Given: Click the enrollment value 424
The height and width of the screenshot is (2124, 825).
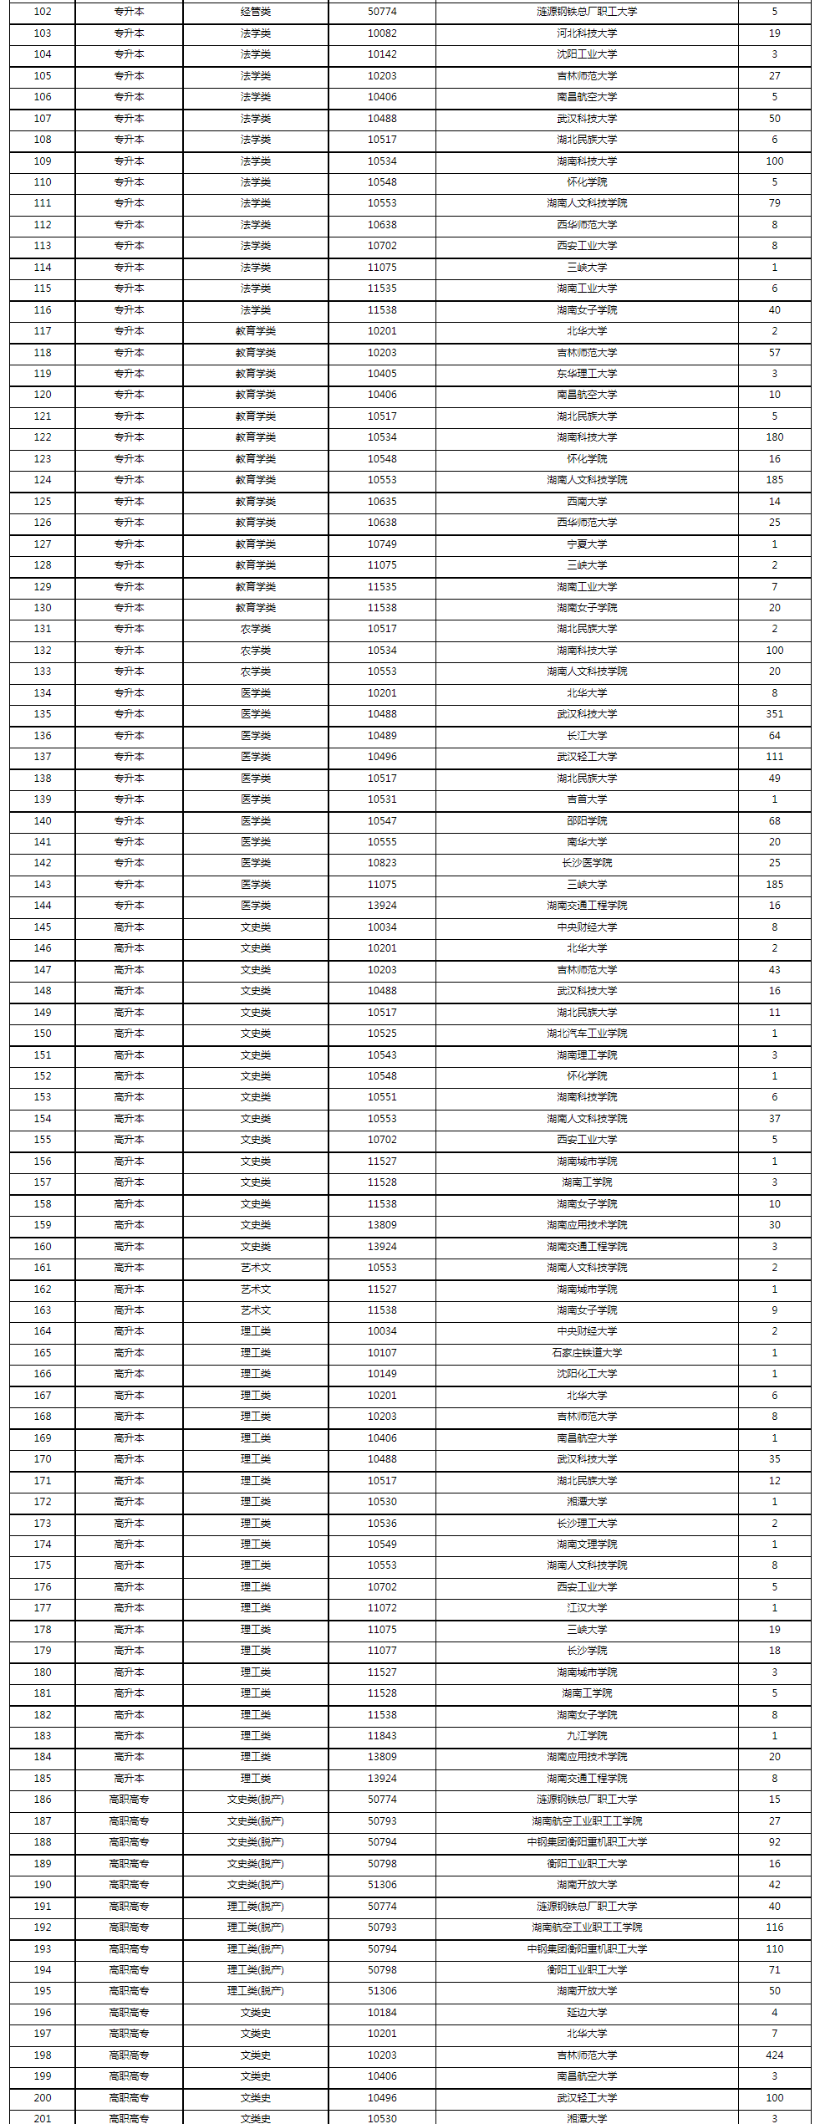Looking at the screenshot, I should coord(774,2055).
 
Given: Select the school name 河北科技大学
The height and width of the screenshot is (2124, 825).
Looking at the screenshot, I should coord(587,33).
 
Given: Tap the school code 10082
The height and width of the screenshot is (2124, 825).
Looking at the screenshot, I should coord(382,33).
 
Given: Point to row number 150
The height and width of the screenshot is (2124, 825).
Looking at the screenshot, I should coord(43,1034).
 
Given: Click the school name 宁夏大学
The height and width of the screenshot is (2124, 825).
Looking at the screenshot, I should coord(587,544).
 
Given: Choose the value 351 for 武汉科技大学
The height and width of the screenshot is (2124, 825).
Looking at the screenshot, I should coord(774,714).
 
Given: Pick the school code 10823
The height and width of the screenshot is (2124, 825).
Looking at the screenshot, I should coord(382,863).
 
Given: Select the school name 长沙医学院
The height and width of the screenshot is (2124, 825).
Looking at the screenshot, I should coord(587,863).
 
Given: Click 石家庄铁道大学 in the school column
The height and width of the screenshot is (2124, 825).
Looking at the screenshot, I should coord(587,1353).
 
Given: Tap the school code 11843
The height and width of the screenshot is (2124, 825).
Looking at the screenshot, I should coord(382,1736).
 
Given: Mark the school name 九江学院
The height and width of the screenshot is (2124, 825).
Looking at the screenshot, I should coord(587,1736).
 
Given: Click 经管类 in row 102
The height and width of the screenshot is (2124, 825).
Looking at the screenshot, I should coord(255,12).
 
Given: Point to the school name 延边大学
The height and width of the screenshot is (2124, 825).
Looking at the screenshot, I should coord(587,2013).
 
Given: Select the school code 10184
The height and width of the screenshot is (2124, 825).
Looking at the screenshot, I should coord(382,2013).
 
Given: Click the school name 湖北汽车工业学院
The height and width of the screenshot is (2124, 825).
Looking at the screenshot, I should coord(587,1034).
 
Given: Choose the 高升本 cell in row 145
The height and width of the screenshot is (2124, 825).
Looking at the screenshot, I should coord(129,927).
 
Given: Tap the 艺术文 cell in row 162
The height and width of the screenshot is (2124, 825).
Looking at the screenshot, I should coord(255,1289).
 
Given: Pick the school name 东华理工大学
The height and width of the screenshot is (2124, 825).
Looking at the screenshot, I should coord(587,374).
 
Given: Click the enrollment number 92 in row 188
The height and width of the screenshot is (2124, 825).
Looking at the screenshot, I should coord(774,1842).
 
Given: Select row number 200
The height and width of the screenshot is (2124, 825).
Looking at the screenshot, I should coord(43,2097).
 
